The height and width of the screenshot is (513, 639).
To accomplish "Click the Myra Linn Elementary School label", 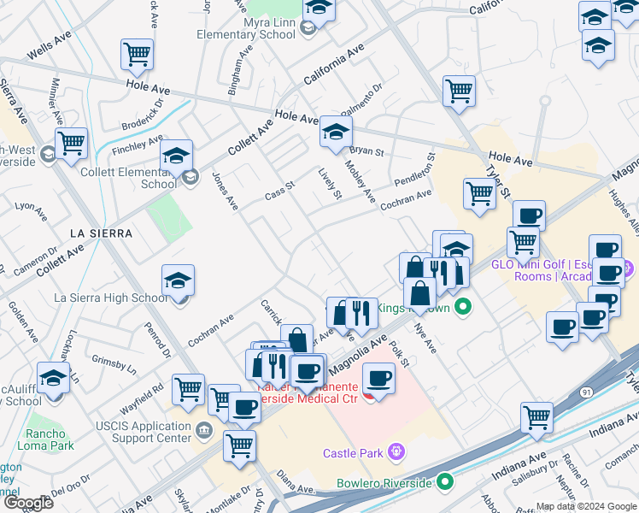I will tap(245, 28).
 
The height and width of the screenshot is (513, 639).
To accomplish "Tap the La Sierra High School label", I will tap(111, 298).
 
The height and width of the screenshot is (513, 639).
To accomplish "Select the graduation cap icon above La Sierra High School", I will tap(178, 280).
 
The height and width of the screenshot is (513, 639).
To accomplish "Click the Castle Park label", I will tap(354, 452).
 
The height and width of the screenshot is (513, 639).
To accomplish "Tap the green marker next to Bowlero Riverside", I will tap(444, 483).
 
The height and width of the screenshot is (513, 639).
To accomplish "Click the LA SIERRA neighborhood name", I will tap(102, 233).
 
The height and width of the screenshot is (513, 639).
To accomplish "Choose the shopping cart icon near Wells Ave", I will tap(137, 54).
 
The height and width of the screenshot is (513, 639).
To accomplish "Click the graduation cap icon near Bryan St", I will tap(336, 132).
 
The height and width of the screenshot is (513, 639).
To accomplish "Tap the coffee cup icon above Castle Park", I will tap(378, 376).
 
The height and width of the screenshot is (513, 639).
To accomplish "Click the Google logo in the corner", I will tap(27, 504).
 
